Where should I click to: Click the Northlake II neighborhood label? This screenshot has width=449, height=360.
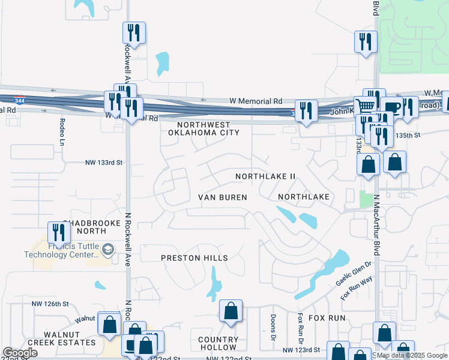point(265,177)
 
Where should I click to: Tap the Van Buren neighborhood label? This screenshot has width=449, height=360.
point(223,197)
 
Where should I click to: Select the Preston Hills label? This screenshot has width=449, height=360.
point(194,258)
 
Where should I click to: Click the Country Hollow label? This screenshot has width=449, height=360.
point(218,344)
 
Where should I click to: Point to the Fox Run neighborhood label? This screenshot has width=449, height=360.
point(327,317)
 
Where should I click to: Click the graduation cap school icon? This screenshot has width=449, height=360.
point(108,250)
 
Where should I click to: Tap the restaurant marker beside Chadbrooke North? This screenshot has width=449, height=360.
point(58,232)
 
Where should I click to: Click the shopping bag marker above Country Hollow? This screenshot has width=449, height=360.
point(231,310)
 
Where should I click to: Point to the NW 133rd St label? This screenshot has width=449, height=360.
point(103,163)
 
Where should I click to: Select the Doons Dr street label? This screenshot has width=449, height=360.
point(273,325)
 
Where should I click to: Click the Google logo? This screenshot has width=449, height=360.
point(20,352)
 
